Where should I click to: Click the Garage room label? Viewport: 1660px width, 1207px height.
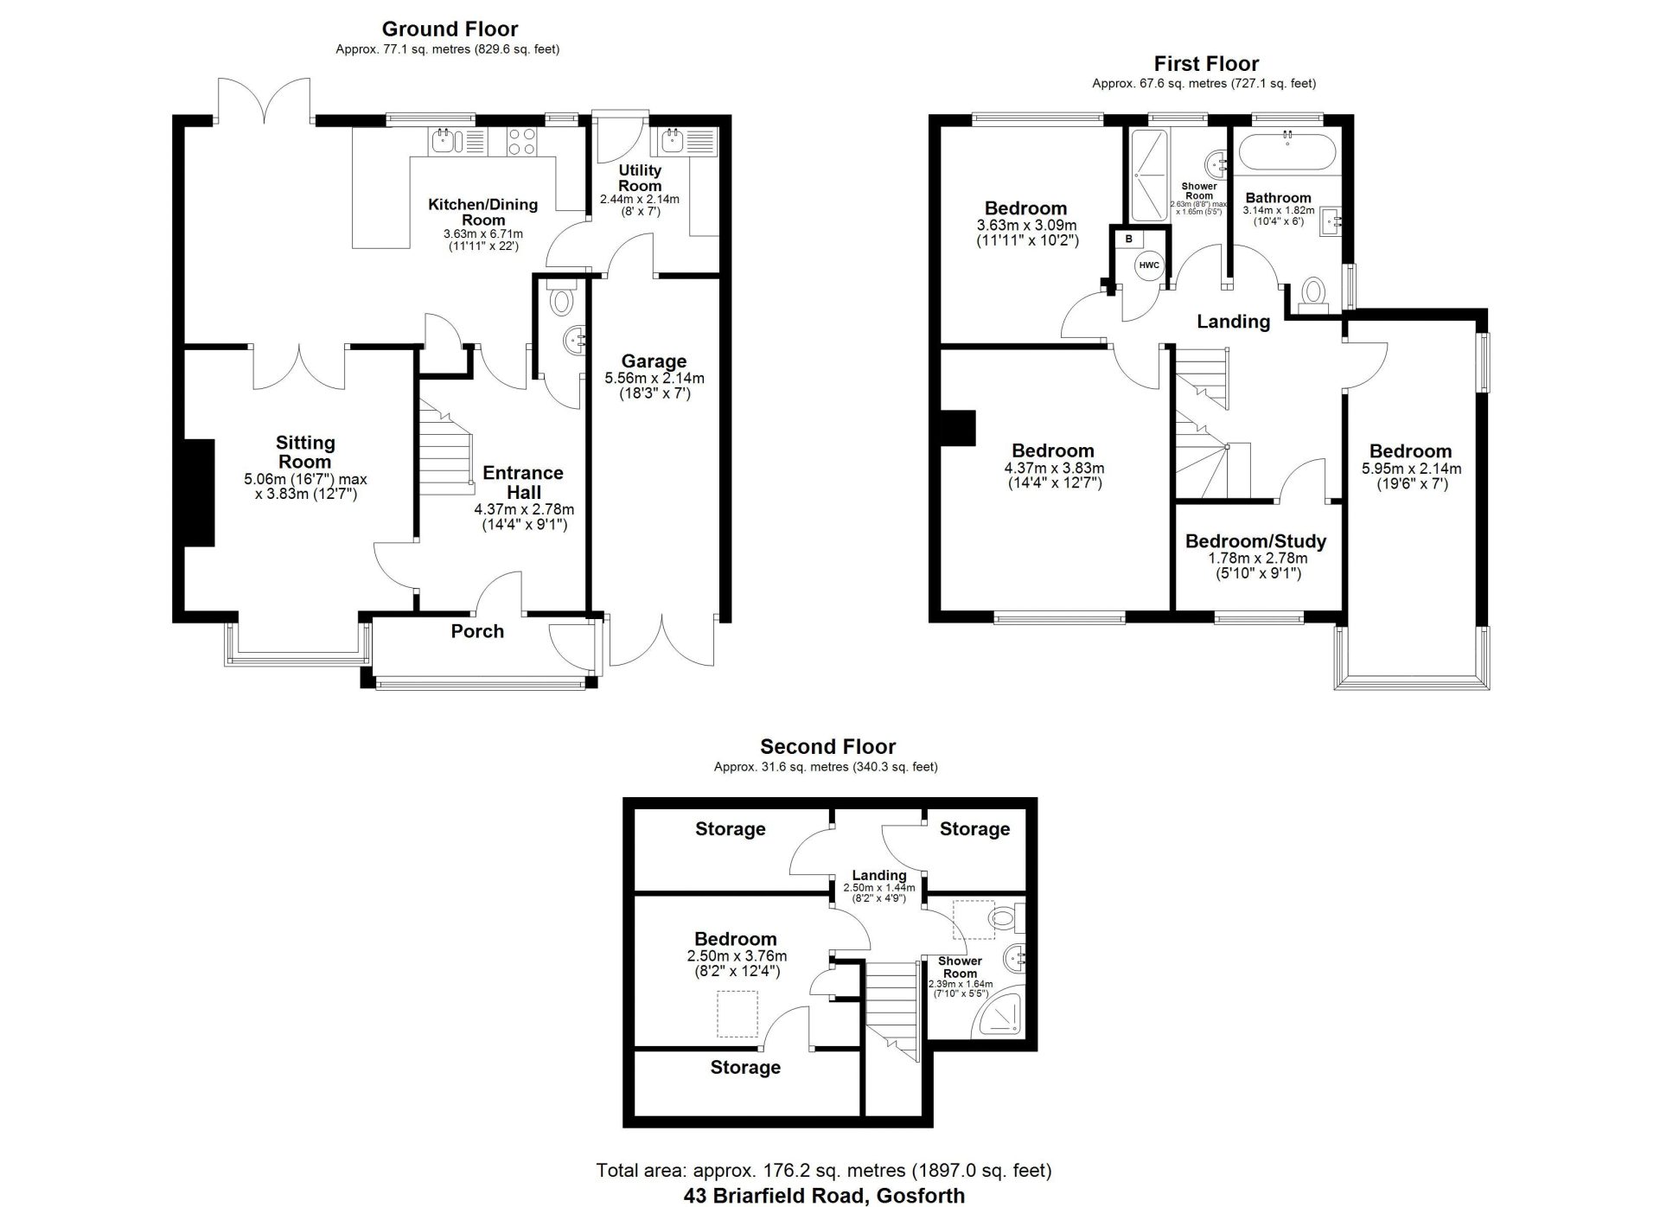tap(654, 361)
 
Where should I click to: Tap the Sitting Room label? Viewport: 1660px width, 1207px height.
tap(305, 451)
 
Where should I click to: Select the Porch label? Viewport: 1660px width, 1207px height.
tap(477, 631)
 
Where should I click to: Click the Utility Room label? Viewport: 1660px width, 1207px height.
tap(640, 178)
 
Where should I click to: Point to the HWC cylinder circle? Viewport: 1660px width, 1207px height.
tap(1149, 265)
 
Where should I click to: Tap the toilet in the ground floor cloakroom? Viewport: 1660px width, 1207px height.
tap(562, 297)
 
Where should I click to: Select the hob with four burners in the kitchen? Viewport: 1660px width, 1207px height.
tap(521, 142)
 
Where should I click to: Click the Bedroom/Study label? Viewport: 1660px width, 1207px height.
tap(1255, 541)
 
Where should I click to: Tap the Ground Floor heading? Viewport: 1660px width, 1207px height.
tap(450, 29)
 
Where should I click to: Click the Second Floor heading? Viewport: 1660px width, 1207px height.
tap(827, 746)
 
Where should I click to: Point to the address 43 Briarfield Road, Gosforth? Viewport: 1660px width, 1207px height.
tap(824, 1196)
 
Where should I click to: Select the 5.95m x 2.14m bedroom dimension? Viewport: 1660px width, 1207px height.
tap(1411, 469)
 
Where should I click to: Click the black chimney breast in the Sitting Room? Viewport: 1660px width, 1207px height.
tap(200, 493)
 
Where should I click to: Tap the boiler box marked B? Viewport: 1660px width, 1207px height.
tap(1128, 238)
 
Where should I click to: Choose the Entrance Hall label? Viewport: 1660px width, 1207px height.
tap(523, 482)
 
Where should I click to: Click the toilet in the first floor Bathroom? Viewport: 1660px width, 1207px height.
tap(1314, 293)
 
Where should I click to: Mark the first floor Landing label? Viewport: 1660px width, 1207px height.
tap(1233, 322)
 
